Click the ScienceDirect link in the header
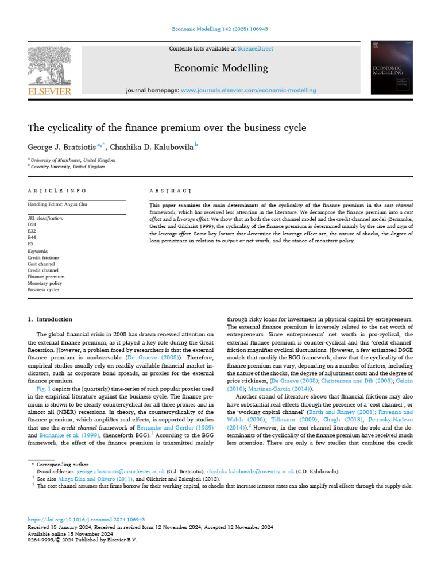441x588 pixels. pyautogui.click(x=257, y=49)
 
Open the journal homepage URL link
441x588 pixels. pyautogui.click(x=248, y=90)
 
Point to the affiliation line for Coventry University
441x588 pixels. pyautogui.click(x=68, y=167)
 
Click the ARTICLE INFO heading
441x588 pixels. pyautogui.click(x=57, y=190)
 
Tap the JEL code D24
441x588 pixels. pyautogui.click(x=33, y=225)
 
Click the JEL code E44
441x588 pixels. pyautogui.click(x=32, y=238)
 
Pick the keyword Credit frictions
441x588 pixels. pyautogui.click(x=43, y=258)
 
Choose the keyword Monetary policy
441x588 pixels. pyautogui.click(x=45, y=283)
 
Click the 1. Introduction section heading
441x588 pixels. pyautogui.click(x=50, y=319)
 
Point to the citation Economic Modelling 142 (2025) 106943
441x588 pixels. pyautogui.click(x=220, y=29)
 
